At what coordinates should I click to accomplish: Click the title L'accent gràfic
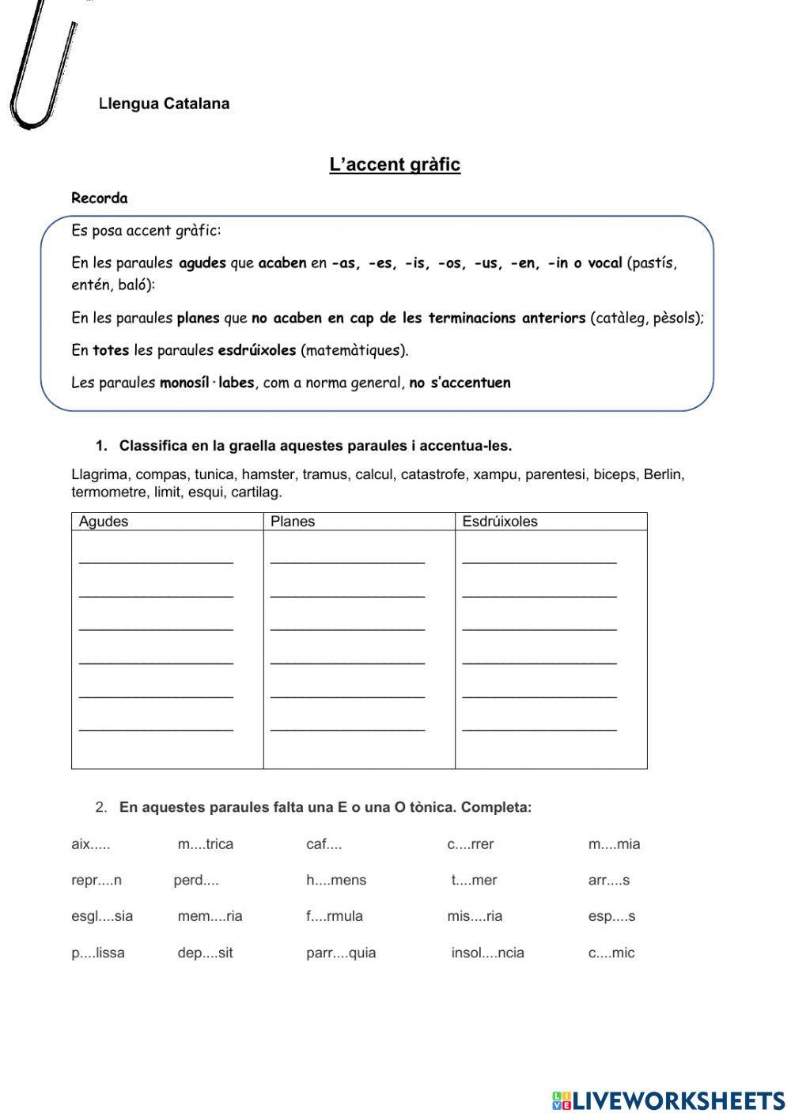click(x=395, y=164)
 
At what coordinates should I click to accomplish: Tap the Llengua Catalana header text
click(x=165, y=104)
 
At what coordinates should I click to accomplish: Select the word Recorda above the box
click(x=99, y=198)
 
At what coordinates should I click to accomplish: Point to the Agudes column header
click(x=104, y=522)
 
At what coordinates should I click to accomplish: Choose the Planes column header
click(x=293, y=522)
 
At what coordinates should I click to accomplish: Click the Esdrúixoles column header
click(x=500, y=522)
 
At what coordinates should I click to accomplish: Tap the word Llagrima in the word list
click(x=100, y=475)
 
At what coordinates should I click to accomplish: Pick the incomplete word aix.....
click(x=90, y=844)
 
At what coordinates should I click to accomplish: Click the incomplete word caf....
click(x=324, y=844)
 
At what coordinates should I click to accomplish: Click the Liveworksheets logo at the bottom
click(x=668, y=1100)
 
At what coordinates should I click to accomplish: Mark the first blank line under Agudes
click(x=156, y=560)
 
